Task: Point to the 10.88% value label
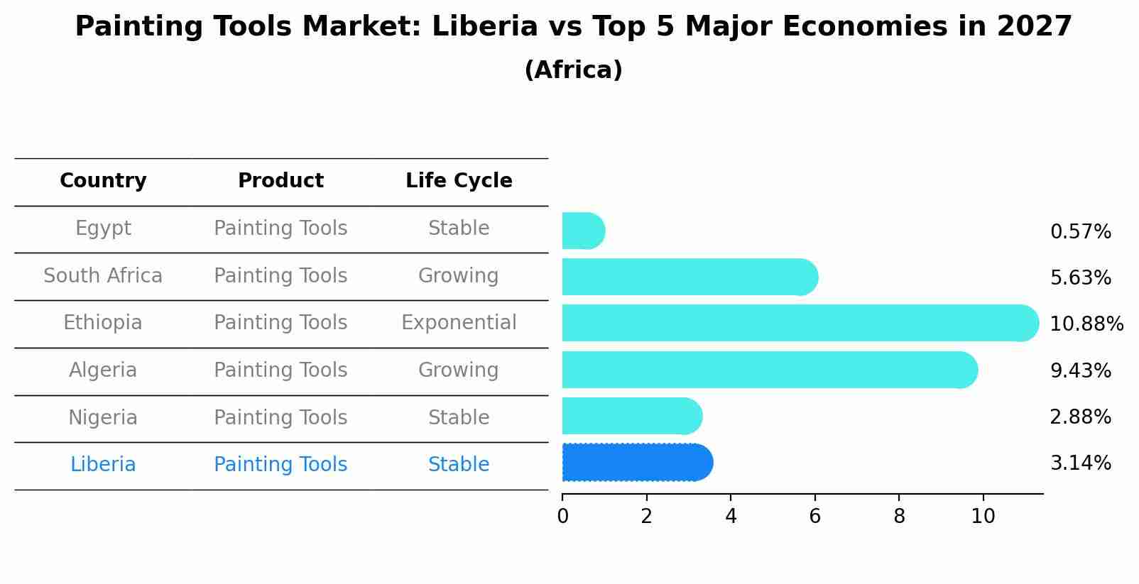[1086, 324]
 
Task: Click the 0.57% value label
[1080, 232]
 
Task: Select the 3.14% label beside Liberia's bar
[1080, 463]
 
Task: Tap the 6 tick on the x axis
[814, 517]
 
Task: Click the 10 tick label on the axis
[983, 517]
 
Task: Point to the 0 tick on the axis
[562, 517]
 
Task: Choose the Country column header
[103, 181]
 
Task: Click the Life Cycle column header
[459, 181]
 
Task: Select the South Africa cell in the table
[103, 275]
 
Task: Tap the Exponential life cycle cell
[459, 323]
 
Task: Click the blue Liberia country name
[103, 465]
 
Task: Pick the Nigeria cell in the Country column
[103, 417]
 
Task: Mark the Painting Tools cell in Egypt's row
[280, 228]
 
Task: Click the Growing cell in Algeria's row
[459, 370]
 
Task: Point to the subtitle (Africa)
[573, 70]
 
